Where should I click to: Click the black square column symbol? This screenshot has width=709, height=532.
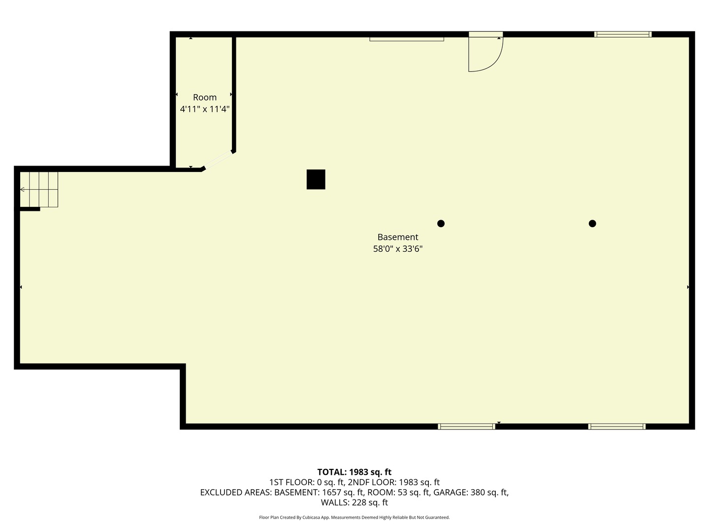click(x=316, y=179)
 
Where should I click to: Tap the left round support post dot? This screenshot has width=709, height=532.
click(x=441, y=224)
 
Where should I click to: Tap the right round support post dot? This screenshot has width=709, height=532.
click(x=592, y=224)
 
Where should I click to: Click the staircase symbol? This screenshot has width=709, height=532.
click(x=39, y=189)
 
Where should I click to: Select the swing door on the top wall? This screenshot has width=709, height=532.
click(x=484, y=53)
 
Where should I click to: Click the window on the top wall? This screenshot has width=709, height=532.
click(x=623, y=34)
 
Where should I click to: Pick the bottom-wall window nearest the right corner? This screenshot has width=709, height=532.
click(x=616, y=427)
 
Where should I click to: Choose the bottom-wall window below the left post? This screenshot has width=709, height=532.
click(x=466, y=427)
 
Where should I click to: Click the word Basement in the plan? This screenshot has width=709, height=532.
click(x=398, y=237)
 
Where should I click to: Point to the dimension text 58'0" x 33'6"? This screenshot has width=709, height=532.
click(x=398, y=249)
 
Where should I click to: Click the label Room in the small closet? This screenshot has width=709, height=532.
click(x=205, y=98)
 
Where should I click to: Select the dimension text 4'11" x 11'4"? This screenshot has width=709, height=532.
click(x=205, y=109)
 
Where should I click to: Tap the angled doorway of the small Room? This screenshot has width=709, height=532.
click(x=218, y=160)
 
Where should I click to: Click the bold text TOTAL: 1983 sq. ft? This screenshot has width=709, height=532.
click(x=354, y=472)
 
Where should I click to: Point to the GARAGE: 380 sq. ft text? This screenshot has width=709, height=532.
click(x=471, y=492)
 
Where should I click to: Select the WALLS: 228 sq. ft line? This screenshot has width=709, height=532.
click(x=354, y=502)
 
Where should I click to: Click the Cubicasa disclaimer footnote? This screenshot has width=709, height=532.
click(x=354, y=517)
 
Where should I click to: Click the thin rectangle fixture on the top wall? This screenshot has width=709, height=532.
click(x=407, y=39)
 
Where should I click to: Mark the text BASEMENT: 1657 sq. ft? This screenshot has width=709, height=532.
click(x=319, y=492)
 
